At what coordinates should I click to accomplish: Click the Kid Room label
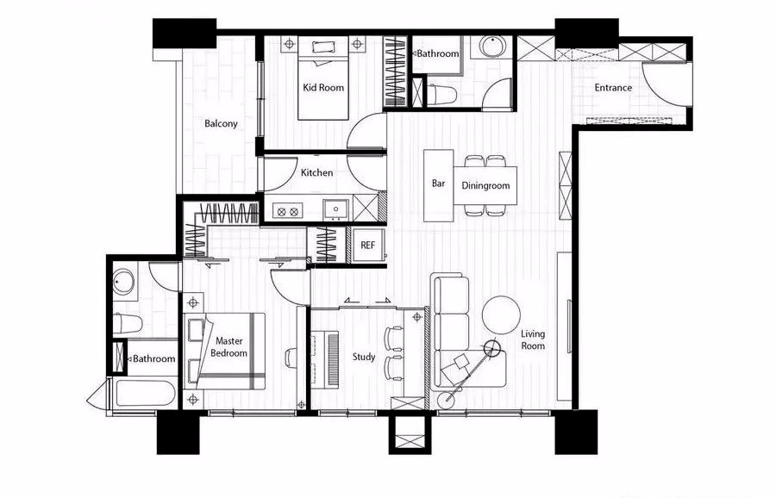point(323,88)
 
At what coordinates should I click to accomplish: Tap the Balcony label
point(222,123)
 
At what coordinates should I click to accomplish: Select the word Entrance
point(613,88)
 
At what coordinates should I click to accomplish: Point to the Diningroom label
point(485,185)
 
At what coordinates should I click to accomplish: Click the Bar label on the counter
point(439,183)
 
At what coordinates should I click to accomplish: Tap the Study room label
point(364,357)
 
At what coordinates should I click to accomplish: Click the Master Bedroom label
point(228,346)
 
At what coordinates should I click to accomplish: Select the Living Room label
point(533,339)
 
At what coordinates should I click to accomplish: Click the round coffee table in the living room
point(501,315)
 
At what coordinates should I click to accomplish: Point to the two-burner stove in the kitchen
point(287,212)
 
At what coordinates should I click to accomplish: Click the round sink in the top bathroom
point(493,47)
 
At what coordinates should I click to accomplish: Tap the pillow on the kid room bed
point(323,47)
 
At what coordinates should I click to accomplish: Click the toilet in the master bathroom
point(128,323)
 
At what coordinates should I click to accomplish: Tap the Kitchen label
point(316,172)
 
